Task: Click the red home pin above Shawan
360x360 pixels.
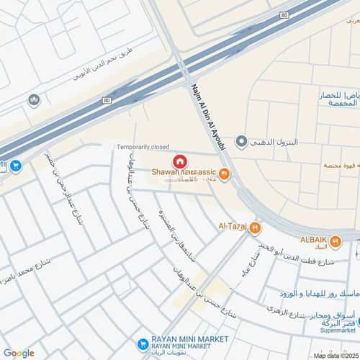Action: click(180, 162)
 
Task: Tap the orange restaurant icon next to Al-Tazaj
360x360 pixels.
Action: click(254, 228)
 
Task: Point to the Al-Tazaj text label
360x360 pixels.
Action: click(233, 228)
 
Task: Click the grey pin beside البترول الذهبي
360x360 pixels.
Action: click(242, 140)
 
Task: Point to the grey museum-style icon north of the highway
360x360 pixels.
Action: click(33, 100)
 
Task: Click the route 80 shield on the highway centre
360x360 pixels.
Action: click(107, 100)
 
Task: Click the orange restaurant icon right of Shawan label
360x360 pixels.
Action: click(225, 173)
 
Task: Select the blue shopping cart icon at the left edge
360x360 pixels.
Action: click(16, 166)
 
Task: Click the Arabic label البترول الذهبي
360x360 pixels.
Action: click(274, 140)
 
